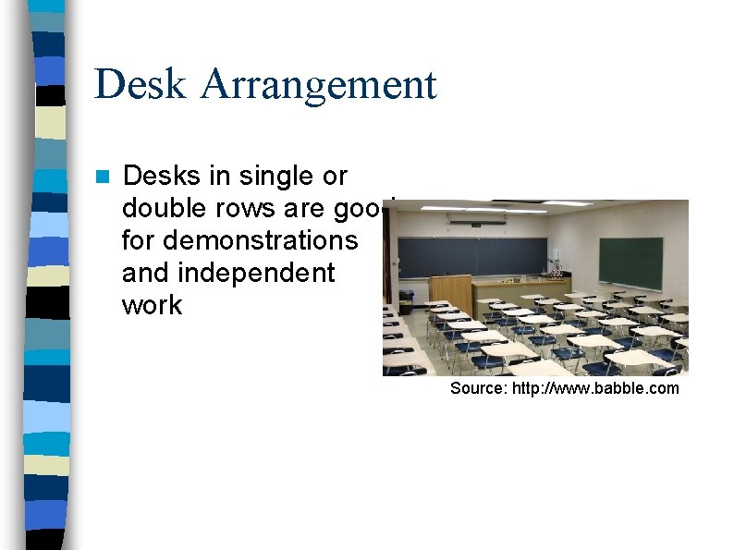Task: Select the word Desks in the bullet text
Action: click(x=163, y=176)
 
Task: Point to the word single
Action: click(x=267, y=176)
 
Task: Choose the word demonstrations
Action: click(x=239, y=241)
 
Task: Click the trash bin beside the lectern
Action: click(x=407, y=301)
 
